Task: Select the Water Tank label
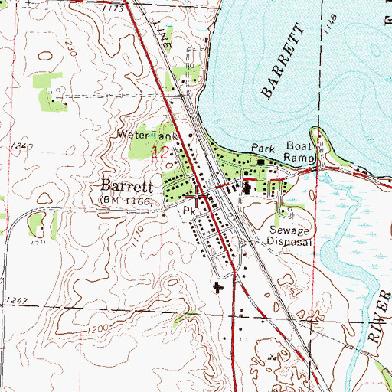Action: [148, 135]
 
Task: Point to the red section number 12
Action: [161, 152]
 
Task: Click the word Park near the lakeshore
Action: [263, 147]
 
